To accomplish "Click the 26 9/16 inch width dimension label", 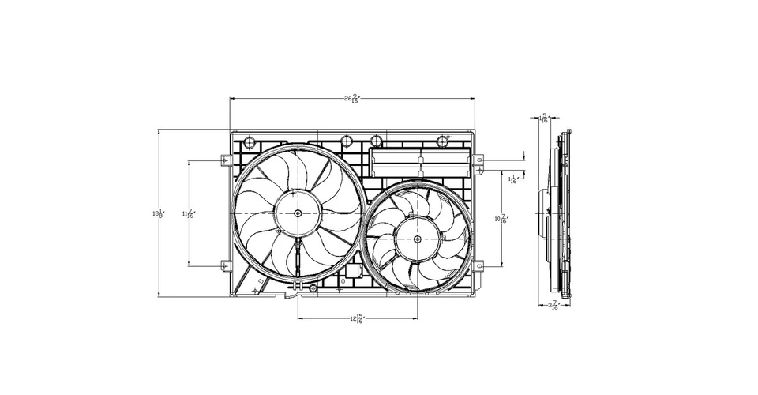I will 351,100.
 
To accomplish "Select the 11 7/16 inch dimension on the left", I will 189,213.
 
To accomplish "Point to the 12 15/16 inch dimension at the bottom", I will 357,319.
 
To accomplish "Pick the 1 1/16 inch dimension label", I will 513,180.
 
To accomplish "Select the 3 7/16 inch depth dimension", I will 553,305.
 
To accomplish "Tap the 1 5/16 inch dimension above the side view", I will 544,118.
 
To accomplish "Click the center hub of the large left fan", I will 298,213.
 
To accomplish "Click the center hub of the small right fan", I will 418,236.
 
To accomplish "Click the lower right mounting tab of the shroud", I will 479,265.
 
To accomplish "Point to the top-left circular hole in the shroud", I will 250,143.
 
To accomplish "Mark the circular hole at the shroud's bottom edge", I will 313,290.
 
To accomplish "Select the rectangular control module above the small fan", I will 421,162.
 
